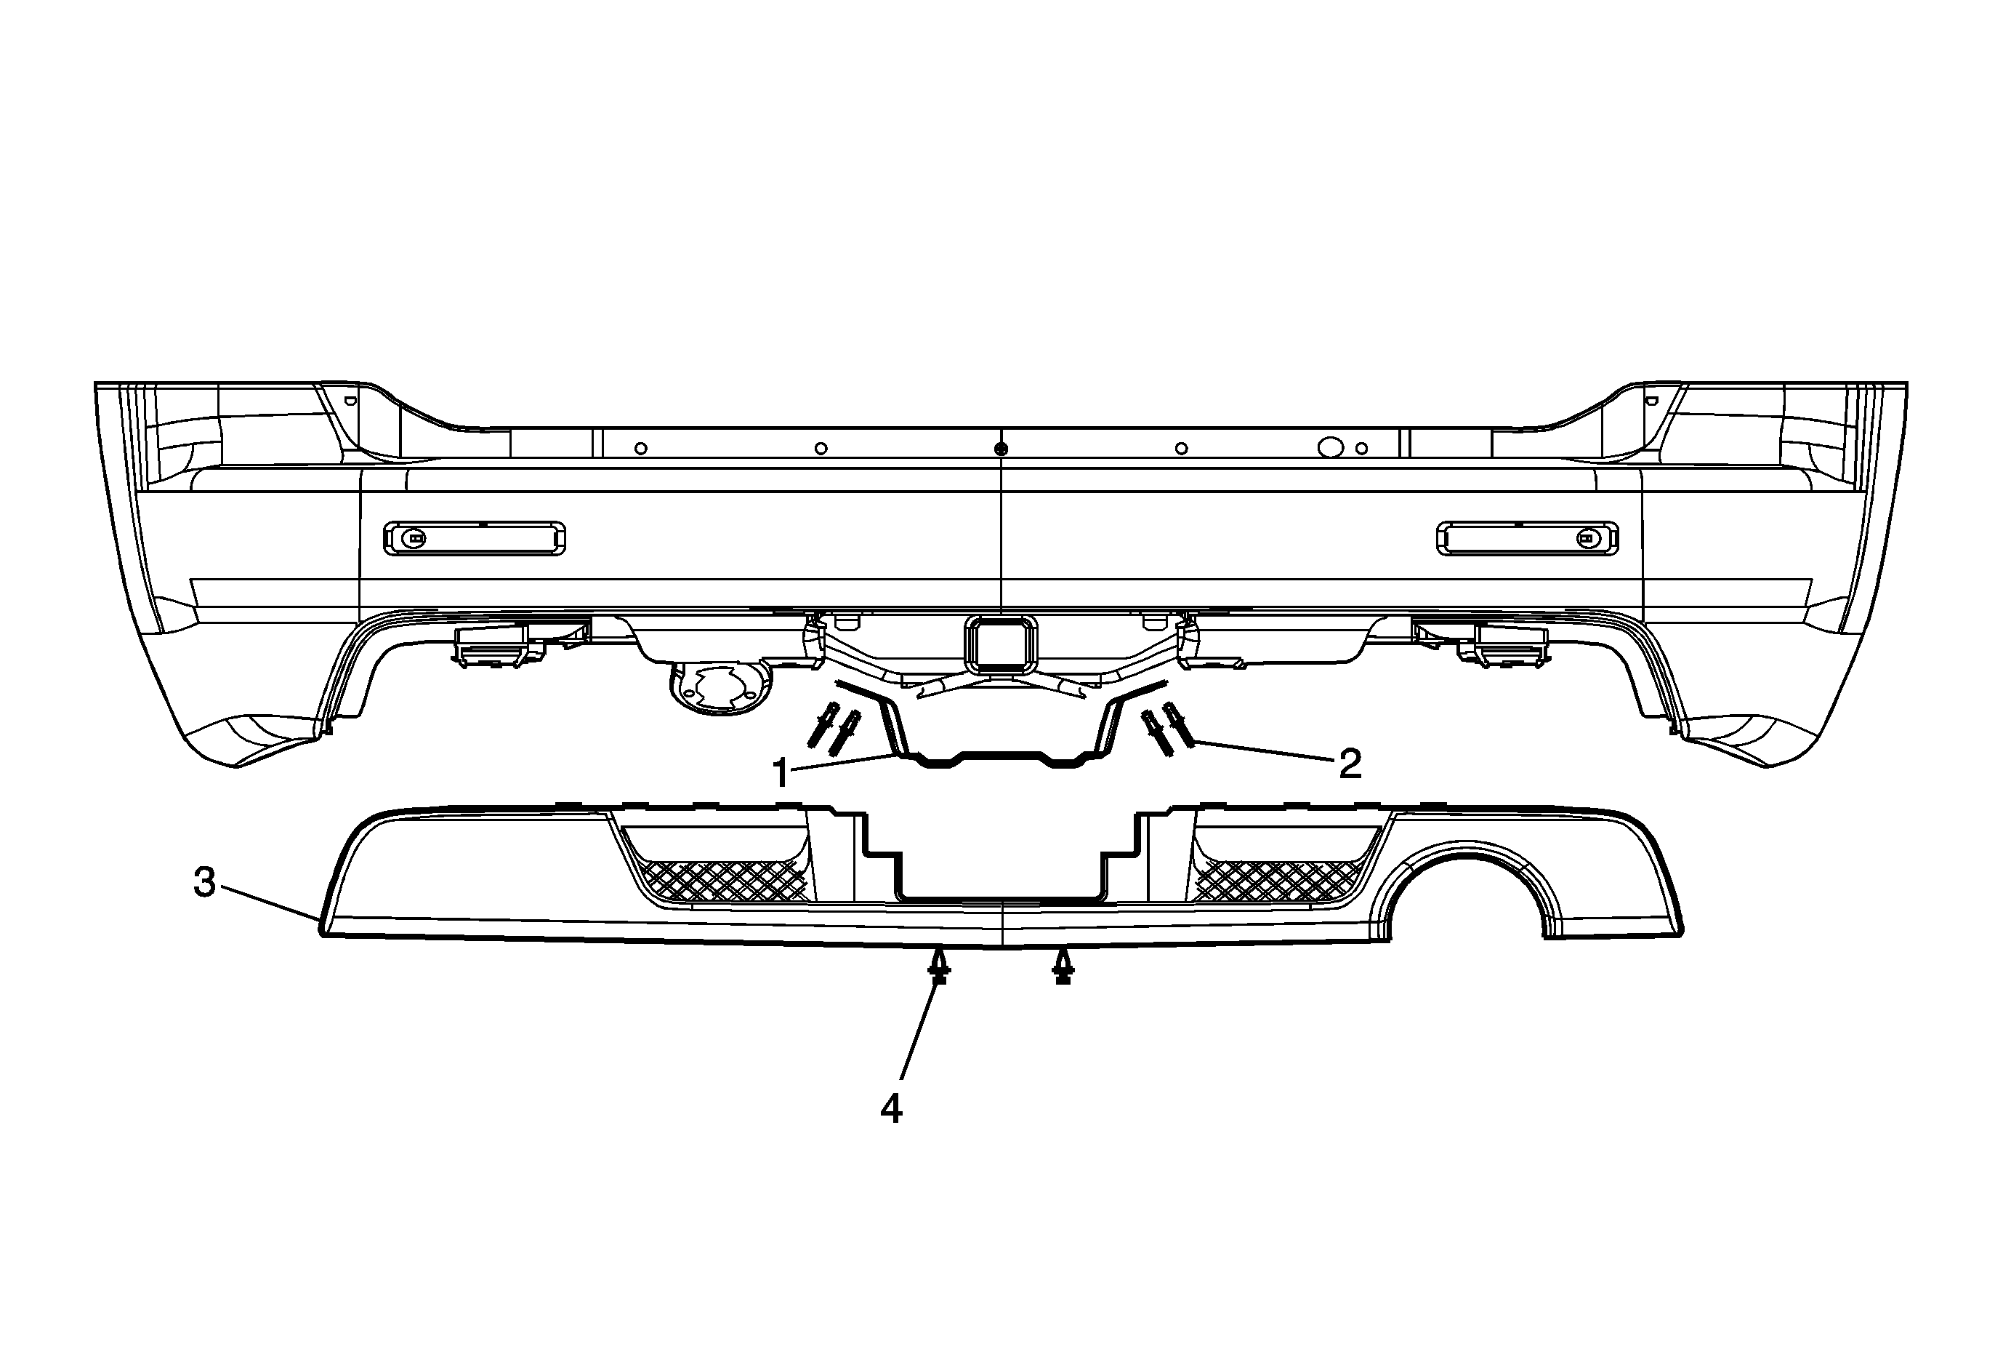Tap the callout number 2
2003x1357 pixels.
click(1350, 764)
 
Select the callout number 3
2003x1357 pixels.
click(204, 882)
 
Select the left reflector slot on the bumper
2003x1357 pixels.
click(475, 539)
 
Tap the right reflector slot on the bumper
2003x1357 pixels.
click(1527, 539)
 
